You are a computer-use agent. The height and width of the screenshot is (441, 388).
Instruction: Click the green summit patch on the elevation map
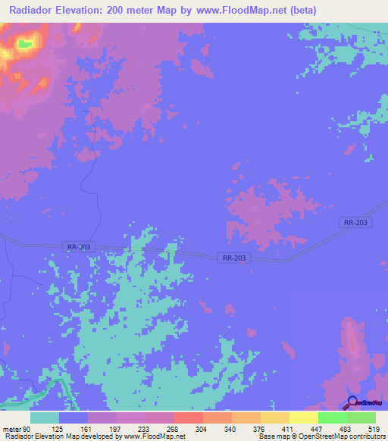click(x=25, y=44)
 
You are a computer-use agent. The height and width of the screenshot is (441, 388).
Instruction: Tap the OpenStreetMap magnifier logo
click(x=352, y=404)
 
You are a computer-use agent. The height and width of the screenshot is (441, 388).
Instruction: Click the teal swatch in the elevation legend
click(x=45, y=418)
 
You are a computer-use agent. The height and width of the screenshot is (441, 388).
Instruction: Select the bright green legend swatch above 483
click(x=332, y=418)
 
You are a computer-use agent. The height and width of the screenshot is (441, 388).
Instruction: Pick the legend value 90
click(x=30, y=429)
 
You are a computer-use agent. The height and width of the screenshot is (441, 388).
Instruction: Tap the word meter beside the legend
click(x=12, y=429)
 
